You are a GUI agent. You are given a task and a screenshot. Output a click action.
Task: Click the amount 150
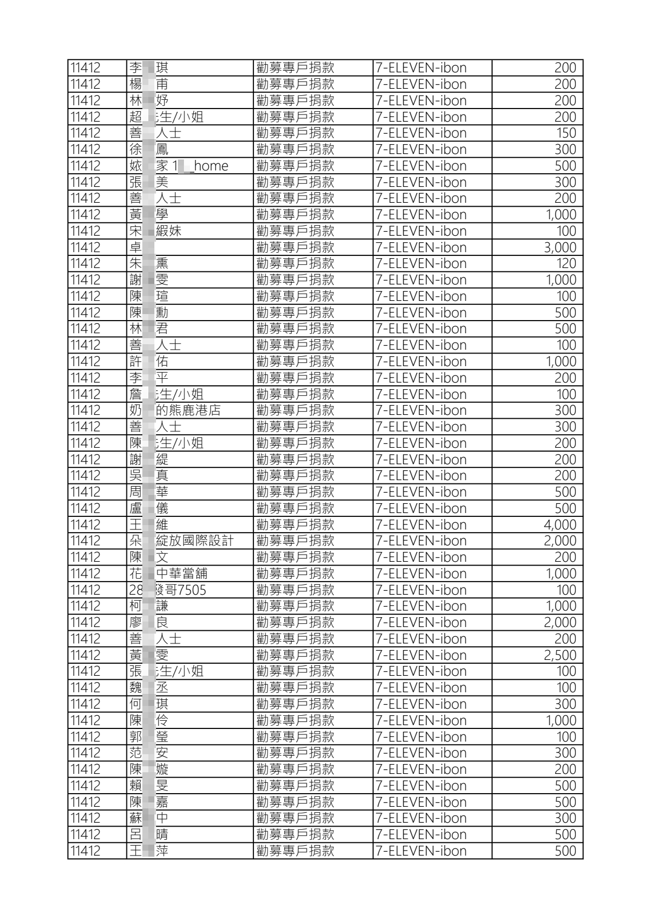[566, 133]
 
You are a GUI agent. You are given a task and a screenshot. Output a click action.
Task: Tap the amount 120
[566, 264]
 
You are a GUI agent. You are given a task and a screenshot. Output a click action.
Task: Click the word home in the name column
[211, 166]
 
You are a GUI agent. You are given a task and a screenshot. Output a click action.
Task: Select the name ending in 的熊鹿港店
[175, 411]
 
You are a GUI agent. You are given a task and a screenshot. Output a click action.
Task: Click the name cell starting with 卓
[136, 247]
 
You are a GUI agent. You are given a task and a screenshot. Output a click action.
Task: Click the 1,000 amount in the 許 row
[561, 362]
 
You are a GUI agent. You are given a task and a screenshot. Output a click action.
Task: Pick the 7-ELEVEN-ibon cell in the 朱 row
[421, 264]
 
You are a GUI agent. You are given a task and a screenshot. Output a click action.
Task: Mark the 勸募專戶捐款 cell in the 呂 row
[295, 835]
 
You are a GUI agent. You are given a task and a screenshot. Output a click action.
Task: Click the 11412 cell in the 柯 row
[86, 606]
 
